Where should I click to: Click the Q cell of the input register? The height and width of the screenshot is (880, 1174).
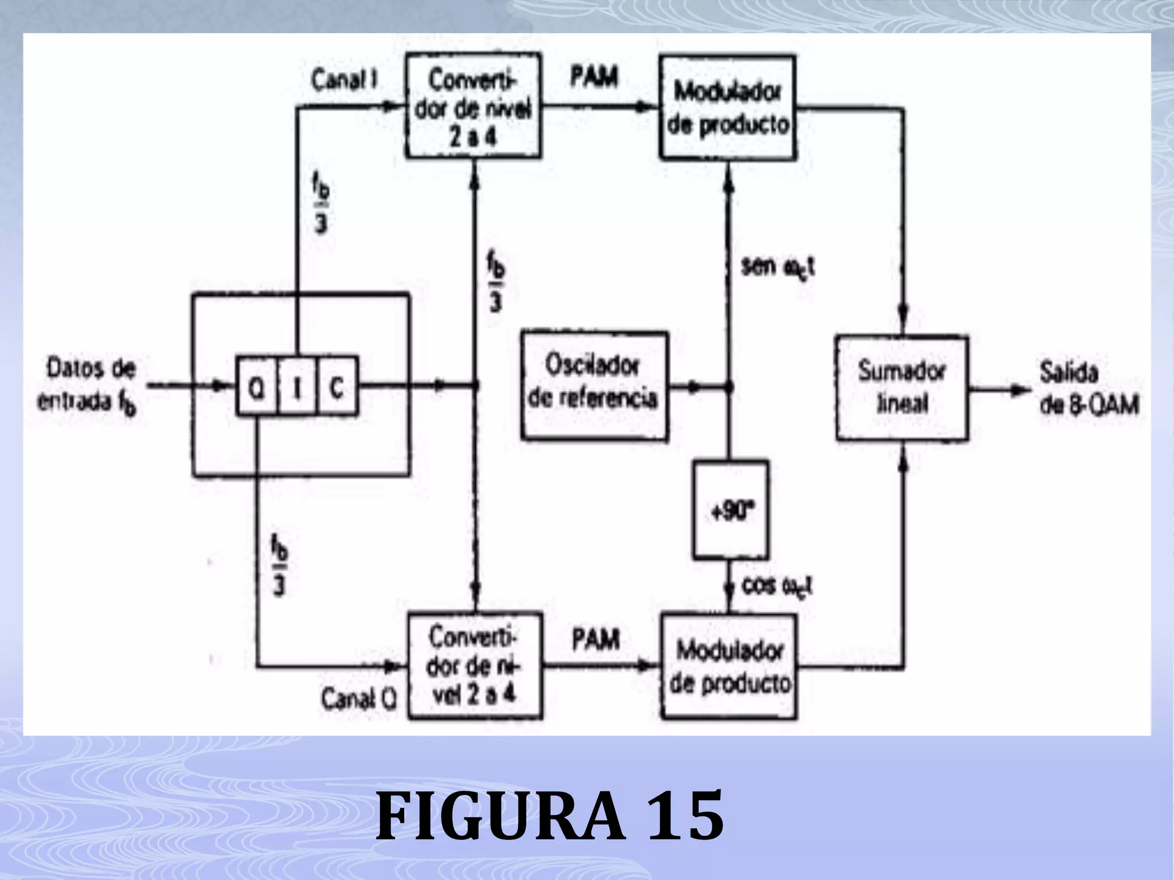point(257,386)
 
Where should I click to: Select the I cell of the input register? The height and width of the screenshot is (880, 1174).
point(297,386)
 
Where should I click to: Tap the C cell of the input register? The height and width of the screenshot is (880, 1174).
point(337,386)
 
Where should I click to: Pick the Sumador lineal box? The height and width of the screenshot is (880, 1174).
point(902,388)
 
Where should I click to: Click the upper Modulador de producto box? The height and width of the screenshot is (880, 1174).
point(727,107)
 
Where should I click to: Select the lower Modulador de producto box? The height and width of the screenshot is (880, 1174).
point(729,666)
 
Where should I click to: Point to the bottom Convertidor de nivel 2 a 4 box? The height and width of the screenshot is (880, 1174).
point(475,665)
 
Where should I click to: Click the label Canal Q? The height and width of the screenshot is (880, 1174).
point(359,699)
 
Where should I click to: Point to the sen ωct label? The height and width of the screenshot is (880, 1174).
point(778,267)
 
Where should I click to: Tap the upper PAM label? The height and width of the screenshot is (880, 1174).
point(594,77)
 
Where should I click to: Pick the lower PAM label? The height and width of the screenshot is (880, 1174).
point(596,638)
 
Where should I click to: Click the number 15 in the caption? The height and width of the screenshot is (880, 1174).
point(686,814)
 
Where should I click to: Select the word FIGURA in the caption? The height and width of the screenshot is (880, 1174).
point(499,814)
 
